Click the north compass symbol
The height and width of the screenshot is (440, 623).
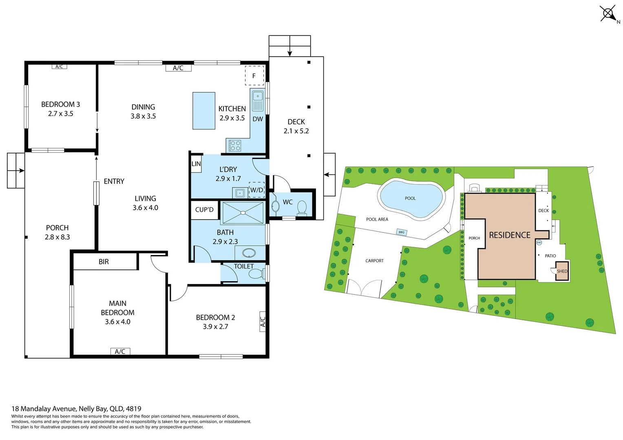tap(608, 13)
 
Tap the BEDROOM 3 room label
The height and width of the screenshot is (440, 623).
tap(60, 104)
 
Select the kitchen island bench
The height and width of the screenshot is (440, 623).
tap(204, 111)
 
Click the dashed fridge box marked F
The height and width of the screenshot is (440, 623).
tap(254, 76)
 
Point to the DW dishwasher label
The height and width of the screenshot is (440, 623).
tap(258, 119)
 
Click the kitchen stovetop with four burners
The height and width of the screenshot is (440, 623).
tap(235, 145)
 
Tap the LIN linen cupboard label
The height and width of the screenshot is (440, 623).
tap(196, 164)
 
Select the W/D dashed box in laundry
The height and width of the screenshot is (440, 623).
tap(256, 190)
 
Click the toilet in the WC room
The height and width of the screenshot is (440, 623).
tap(302, 207)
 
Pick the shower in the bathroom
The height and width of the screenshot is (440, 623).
tap(243, 213)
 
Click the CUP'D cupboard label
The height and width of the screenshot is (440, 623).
tap(204, 210)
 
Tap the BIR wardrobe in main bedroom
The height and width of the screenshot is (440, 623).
tap(104, 262)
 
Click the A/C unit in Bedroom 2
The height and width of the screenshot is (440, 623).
tap(263, 321)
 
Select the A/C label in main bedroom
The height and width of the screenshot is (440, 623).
tap(120, 352)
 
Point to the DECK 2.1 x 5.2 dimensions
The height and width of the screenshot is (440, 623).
tap(296, 131)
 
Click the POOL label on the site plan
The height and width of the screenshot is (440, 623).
tap(410, 198)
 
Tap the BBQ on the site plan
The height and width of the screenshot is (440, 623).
tap(402, 232)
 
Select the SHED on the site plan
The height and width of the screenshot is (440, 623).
tap(562, 271)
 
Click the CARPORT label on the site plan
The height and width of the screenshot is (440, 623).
tap(374, 261)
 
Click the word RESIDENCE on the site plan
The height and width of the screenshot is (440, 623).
tap(510, 235)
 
